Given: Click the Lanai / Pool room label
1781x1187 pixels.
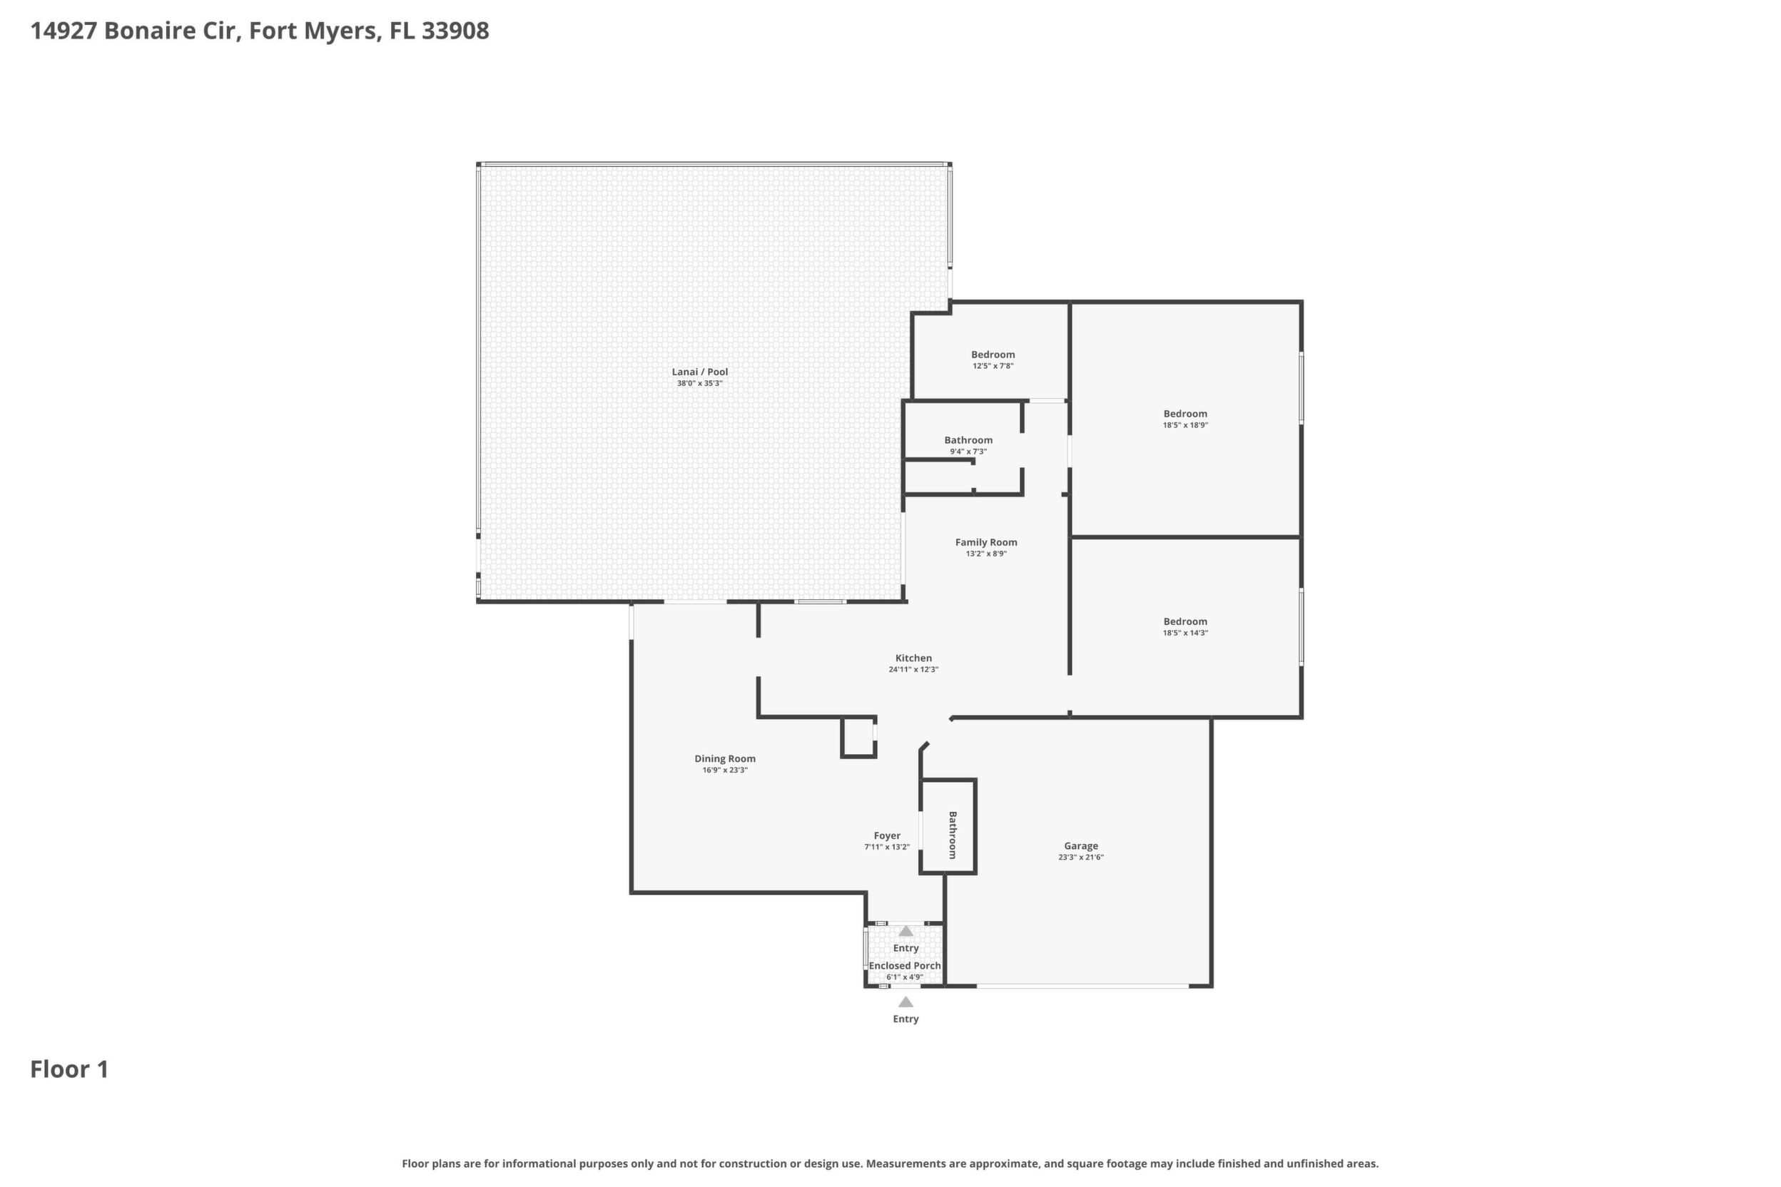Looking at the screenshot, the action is pos(700,372).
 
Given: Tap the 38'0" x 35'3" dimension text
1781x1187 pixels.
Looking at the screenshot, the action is pos(700,383).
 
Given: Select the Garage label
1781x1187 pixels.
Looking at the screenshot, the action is pos(1080,846).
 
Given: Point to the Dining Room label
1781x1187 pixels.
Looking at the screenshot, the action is pos(725,758).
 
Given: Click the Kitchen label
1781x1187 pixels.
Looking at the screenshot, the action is pos(913,658).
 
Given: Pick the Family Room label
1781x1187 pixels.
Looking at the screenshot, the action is pos(986,542).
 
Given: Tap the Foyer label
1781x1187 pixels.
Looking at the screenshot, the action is pos(887,836).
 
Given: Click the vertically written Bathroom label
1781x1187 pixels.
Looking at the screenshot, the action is pos(953,836).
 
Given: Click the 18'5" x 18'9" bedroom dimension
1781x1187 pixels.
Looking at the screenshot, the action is pos(1185,425).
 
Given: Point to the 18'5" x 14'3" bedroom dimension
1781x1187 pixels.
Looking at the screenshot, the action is pos(1185,633).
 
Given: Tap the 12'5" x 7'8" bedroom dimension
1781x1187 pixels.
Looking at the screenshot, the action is pos(993,367).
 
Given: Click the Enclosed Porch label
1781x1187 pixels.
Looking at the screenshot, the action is pos(905,966).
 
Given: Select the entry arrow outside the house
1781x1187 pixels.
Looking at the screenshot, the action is pos(905,1002).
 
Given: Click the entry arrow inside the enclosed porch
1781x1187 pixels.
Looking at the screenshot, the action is pos(905,931).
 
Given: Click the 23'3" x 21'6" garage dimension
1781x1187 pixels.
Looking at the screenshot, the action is pos(1080,857).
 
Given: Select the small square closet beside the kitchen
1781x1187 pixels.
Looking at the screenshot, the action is pos(858,738).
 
